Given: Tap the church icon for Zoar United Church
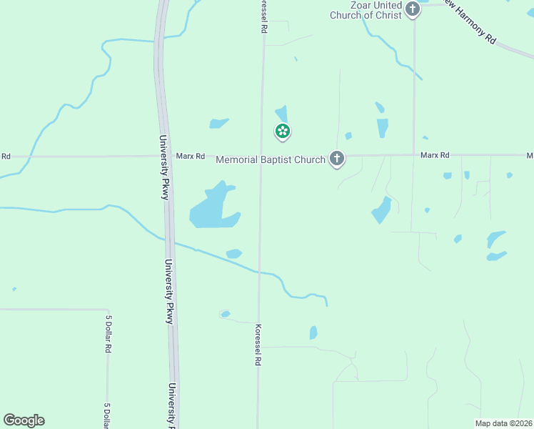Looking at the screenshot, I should tap(413, 9).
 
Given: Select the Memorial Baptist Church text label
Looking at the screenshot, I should tap(271, 160).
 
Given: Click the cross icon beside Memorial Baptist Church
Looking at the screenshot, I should tap(337, 159).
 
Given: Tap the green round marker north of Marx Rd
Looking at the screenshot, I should tap(283, 131).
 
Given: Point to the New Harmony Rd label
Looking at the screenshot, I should tap(469, 21).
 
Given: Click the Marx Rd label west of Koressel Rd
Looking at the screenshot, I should tap(191, 156).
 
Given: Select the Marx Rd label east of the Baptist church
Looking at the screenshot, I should tap(435, 155).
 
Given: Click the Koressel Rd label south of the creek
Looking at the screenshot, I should tap(257, 345).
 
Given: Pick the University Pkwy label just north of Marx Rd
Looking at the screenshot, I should tap(163, 167).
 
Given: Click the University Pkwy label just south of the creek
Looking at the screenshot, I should tap(170, 291).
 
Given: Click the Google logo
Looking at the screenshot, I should tap(24, 420).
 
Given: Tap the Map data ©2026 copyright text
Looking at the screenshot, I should tap(504, 423).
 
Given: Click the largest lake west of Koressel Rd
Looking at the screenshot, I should tap(211, 209).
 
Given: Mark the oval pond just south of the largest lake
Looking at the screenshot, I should tap(233, 253).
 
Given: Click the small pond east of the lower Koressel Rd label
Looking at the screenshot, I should tap(313, 332).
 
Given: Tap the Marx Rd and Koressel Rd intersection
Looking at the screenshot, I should tap(261, 156).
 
